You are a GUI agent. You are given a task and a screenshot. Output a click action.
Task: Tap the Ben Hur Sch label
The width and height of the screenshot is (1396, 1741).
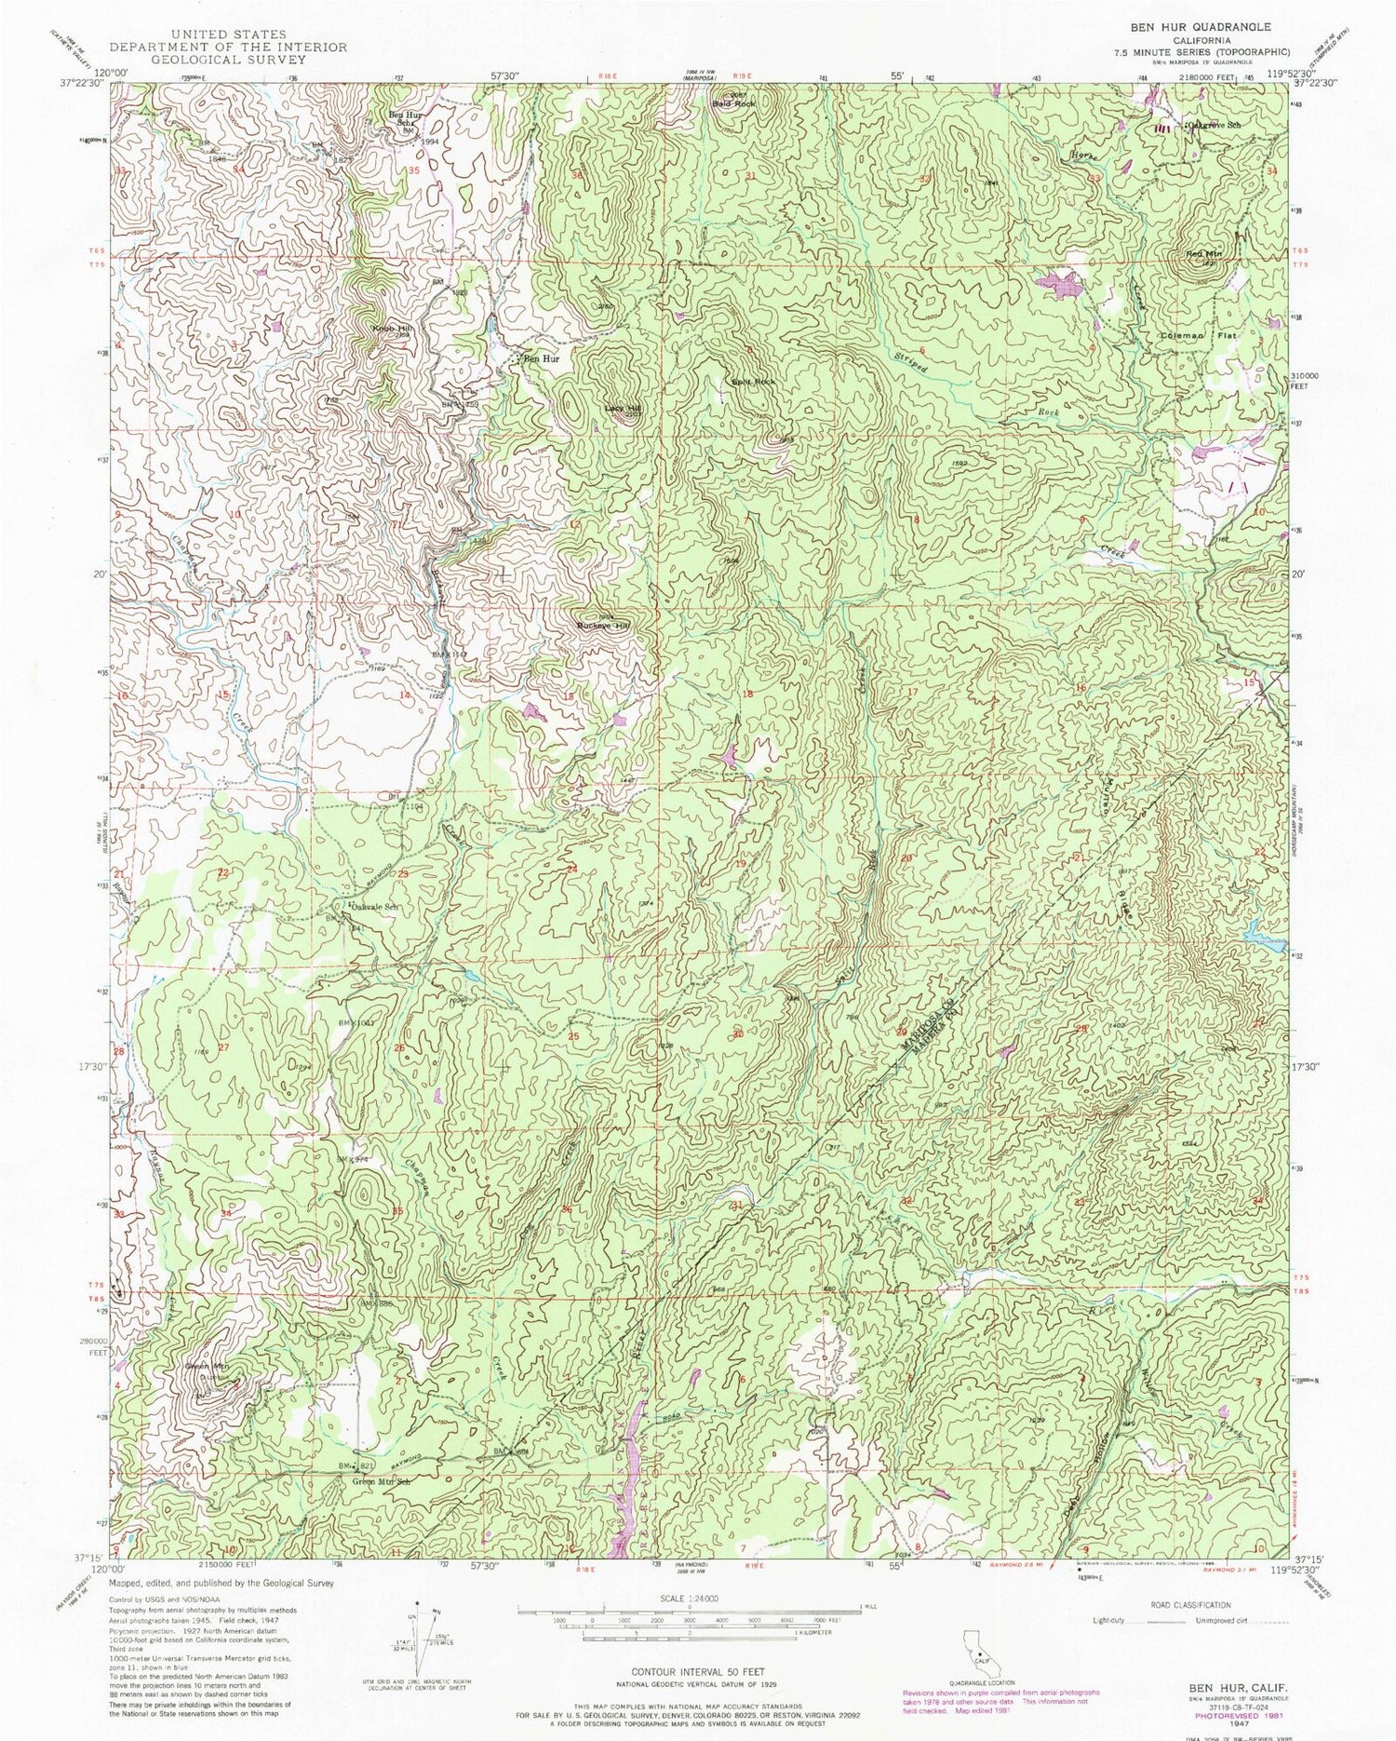pyautogui.click(x=402, y=118)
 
